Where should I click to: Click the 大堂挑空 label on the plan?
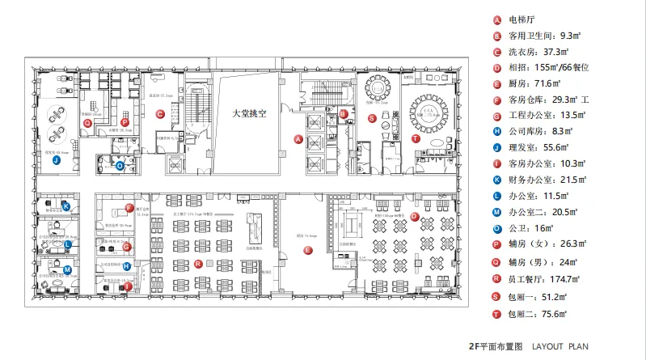point(247,114)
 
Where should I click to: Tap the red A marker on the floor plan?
point(298,139)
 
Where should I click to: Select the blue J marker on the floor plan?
point(56,160)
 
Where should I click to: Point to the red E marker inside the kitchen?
point(307,251)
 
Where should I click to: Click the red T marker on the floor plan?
point(416,138)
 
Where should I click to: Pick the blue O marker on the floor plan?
point(120,166)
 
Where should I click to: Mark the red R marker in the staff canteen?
point(199,264)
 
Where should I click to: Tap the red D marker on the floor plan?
point(414,216)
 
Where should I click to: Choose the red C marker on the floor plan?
point(160,114)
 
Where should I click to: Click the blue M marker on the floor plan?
point(67,269)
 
